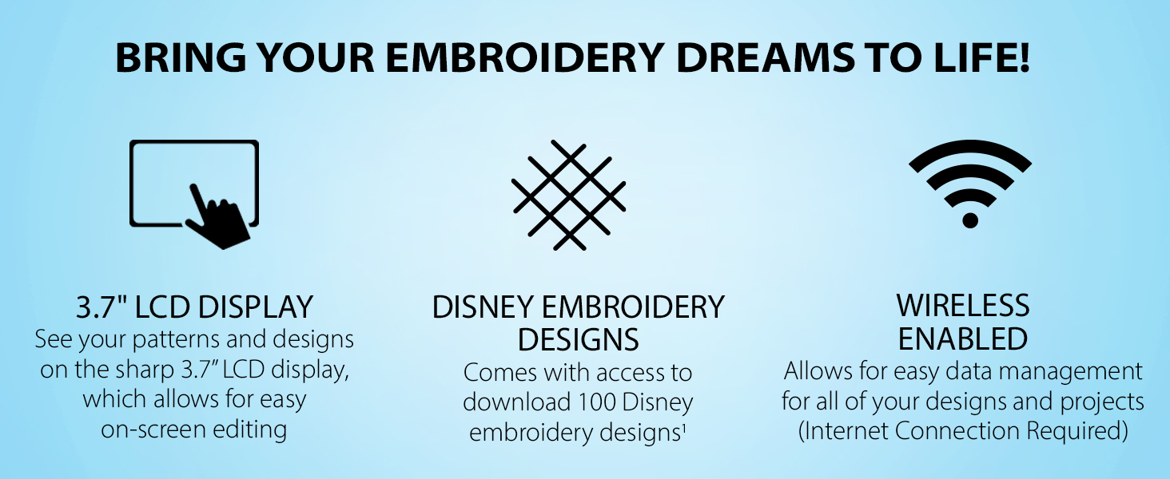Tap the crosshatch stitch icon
(569, 195)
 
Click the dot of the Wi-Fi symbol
(970, 220)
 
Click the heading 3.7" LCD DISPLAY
(194, 307)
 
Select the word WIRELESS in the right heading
(963, 305)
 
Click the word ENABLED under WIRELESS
(963, 338)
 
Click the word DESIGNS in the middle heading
(579, 339)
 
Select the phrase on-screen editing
(193, 430)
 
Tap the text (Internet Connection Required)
(963, 431)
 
